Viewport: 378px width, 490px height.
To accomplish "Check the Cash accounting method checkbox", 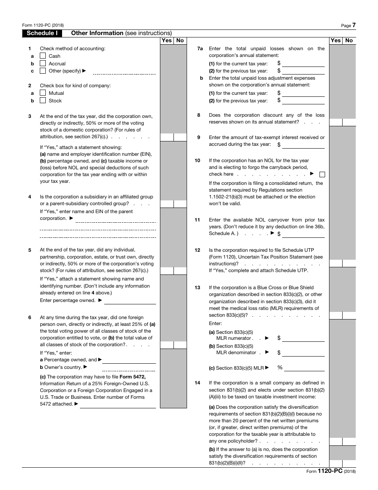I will coord(43,56).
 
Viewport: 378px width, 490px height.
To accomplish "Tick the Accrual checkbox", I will coord(43,64).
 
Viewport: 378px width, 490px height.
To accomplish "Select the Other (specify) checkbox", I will coord(43,71).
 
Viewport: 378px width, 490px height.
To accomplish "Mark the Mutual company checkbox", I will coord(43,93).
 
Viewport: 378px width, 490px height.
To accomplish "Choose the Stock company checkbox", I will coord(43,101).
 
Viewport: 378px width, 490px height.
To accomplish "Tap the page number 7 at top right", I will coord(354,25).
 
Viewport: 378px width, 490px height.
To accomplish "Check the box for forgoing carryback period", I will coord(322,174).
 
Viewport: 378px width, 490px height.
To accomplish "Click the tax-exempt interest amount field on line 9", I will coord(303,145).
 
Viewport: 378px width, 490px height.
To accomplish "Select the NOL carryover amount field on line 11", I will coord(303,234).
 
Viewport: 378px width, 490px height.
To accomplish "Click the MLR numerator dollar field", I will coord(303,338).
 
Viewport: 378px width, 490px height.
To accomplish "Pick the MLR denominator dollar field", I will coord(303,353).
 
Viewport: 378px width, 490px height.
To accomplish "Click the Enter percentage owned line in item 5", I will coord(130,301).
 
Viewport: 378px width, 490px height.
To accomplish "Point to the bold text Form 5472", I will coord(134,377).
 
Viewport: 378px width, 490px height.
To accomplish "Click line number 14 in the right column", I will coord(197,383).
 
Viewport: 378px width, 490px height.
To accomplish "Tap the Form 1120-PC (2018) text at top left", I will coord(43,25).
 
